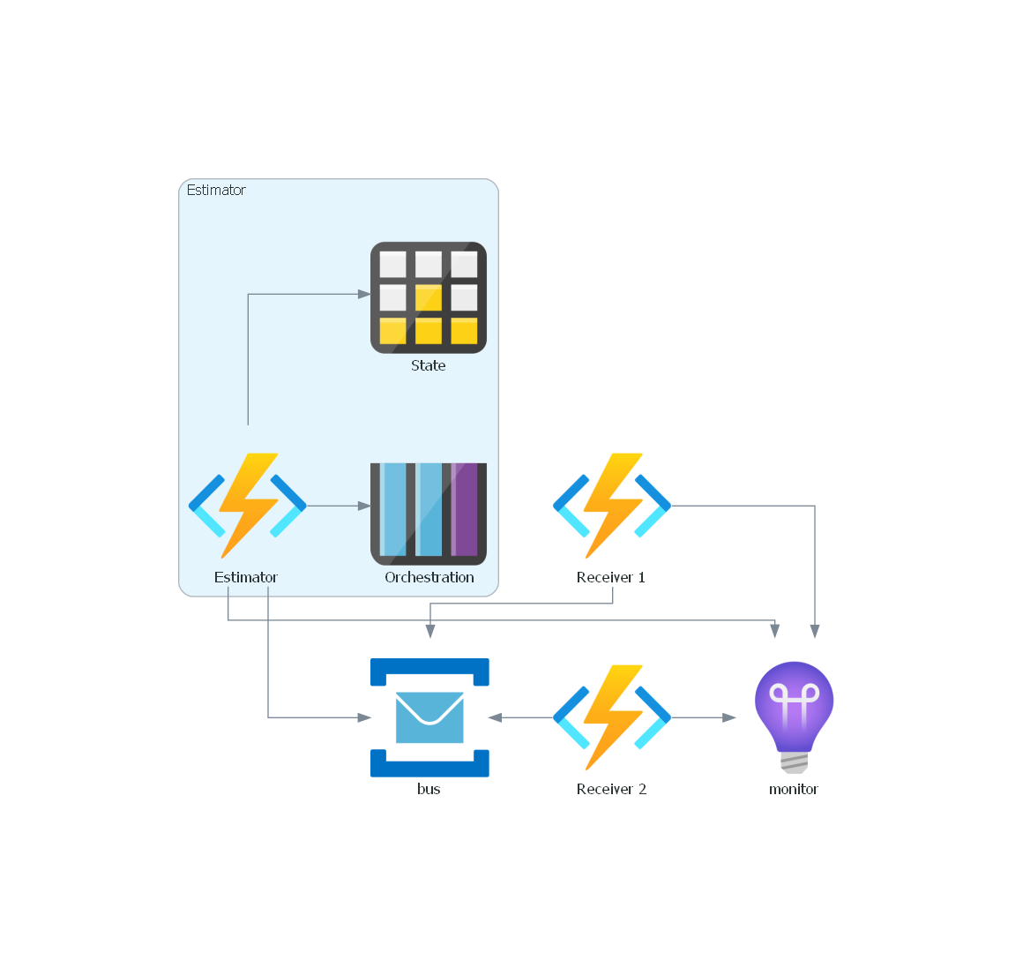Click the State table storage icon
tap(429, 297)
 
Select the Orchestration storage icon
tap(429, 514)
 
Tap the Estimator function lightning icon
tap(248, 506)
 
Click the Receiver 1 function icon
tap(612, 506)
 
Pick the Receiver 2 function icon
tap(612, 717)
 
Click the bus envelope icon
tap(429, 717)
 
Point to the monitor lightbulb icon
tap(794, 716)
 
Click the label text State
tap(429, 365)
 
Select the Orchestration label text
tap(429, 577)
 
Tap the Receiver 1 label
tap(611, 577)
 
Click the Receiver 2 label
tap(611, 789)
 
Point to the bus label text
tap(429, 789)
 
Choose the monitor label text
tap(794, 789)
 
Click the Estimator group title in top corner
tap(216, 190)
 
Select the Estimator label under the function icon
tap(246, 577)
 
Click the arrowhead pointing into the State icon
tap(364, 294)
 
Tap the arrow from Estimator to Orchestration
tap(339, 506)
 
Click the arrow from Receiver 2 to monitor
tap(703, 717)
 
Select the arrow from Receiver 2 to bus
tap(521, 717)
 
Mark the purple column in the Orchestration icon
tap(464, 510)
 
